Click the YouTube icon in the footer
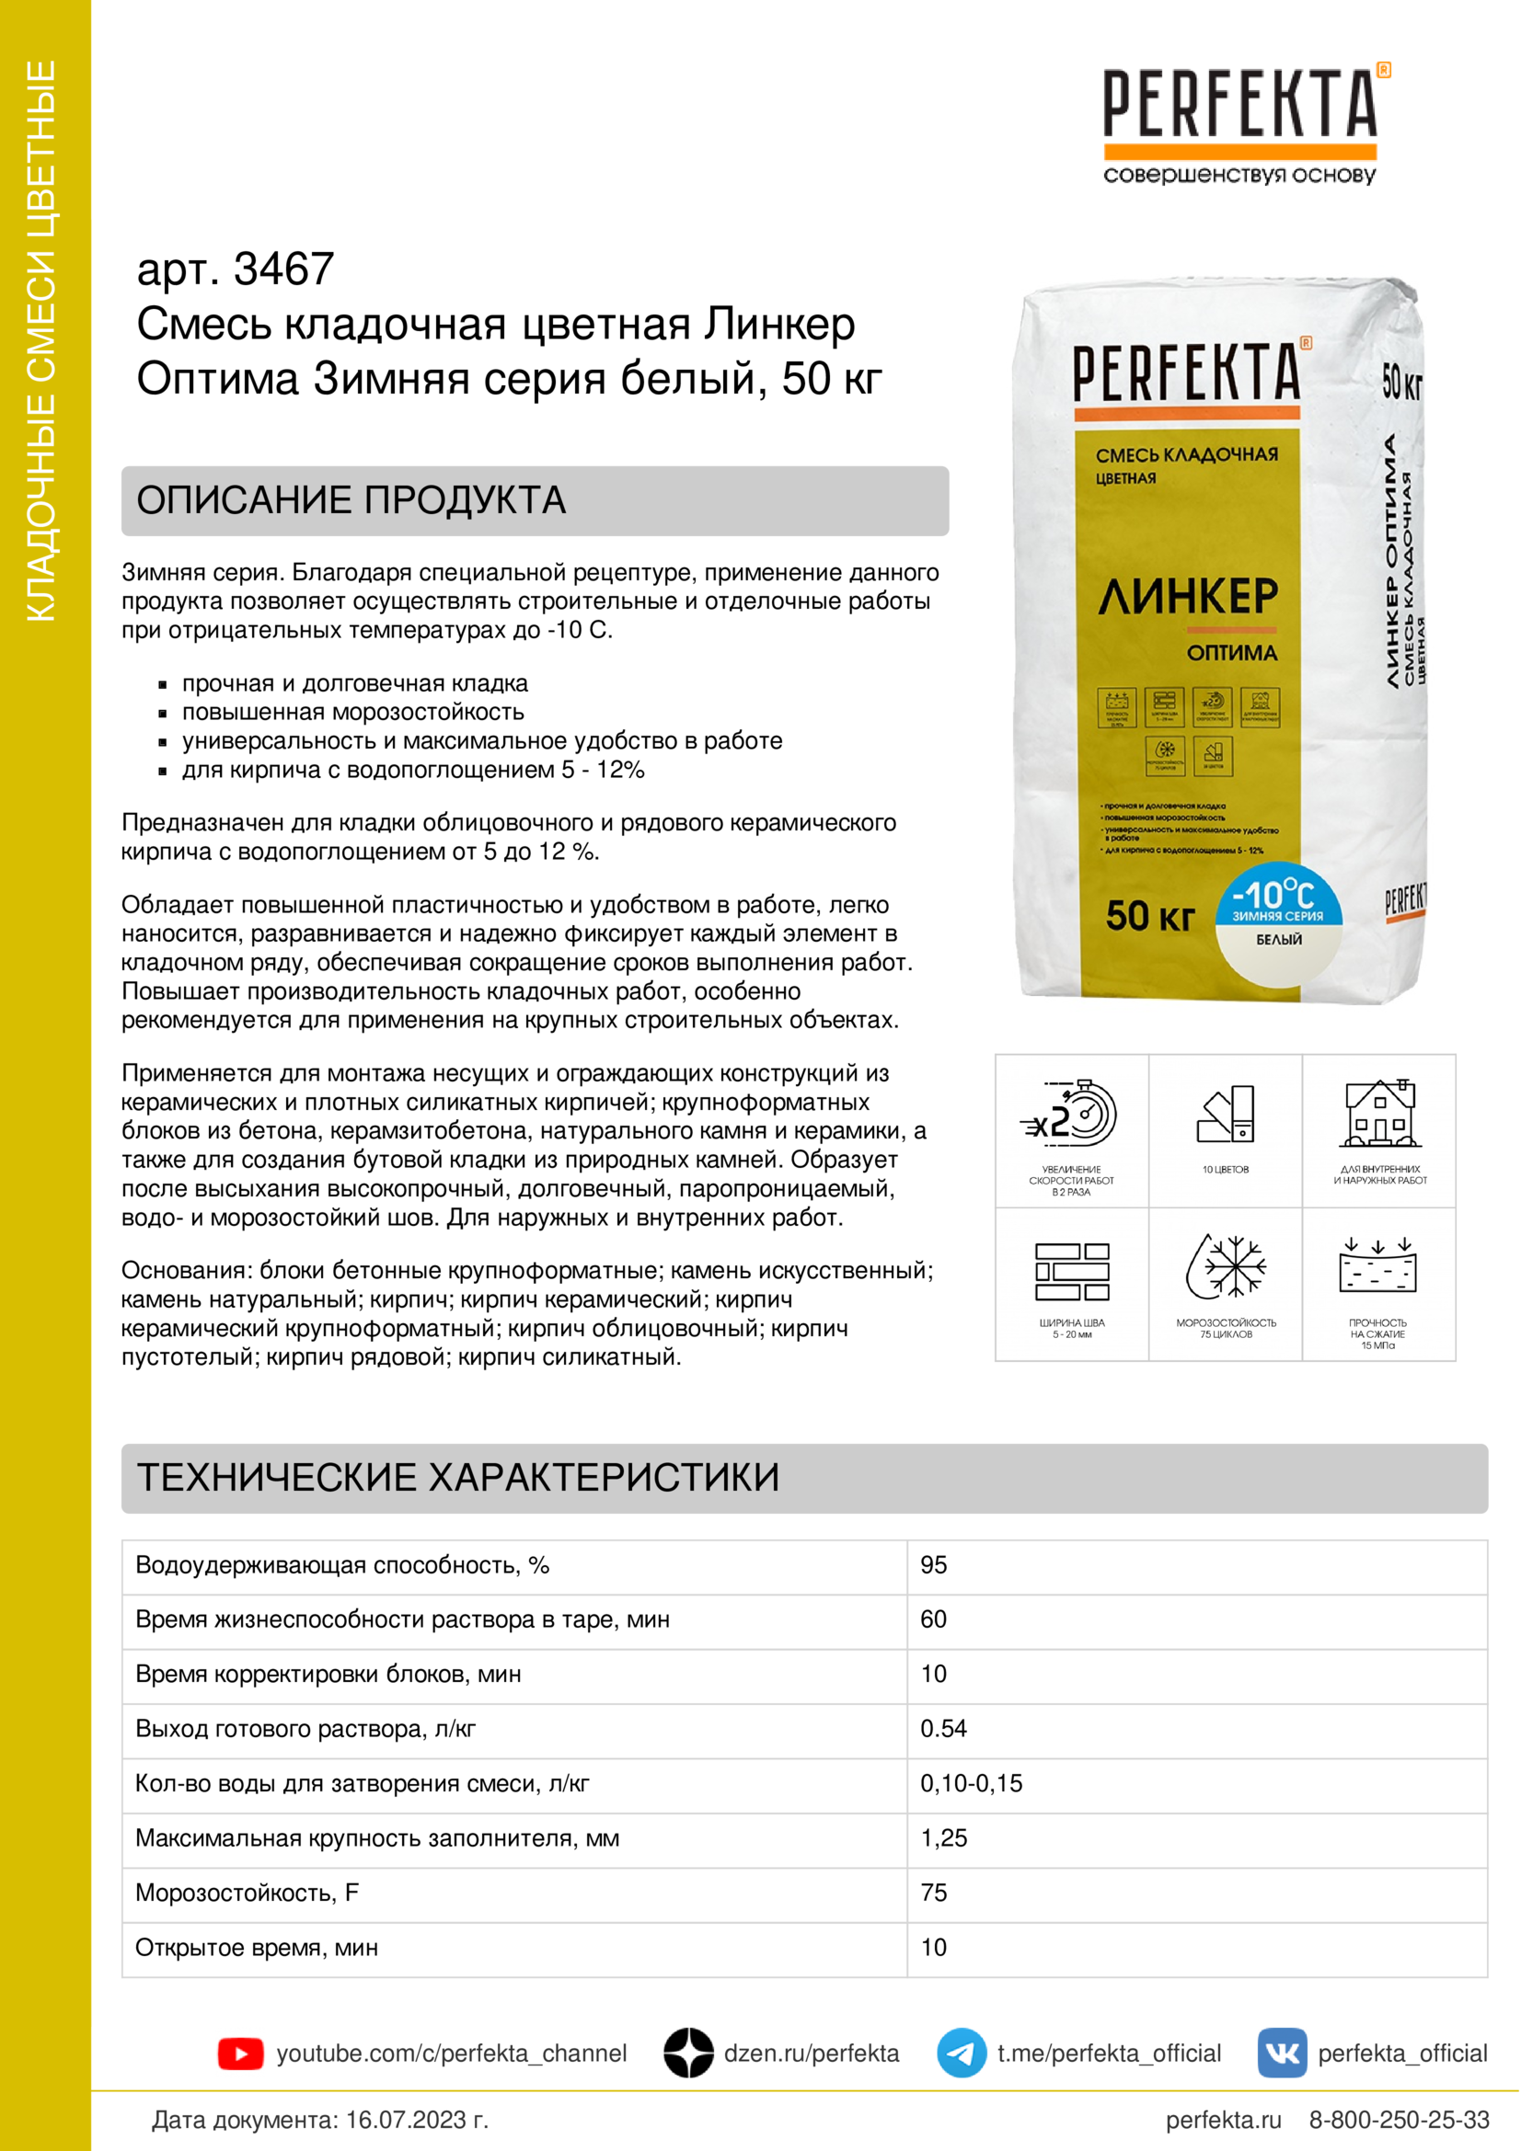click(x=240, y=2054)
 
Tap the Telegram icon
click(x=961, y=2053)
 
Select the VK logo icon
click(x=1281, y=2053)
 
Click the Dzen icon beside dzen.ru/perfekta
click(x=689, y=2053)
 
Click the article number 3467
click(x=283, y=269)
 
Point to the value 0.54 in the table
click(x=943, y=1729)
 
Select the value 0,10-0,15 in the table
click(x=971, y=1783)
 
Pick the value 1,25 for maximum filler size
click(x=943, y=1838)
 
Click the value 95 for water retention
click(x=933, y=1564)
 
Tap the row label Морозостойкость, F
click(x=248, y=1893)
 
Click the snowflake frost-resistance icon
click(x=1226, y=1266)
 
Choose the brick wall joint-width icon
click(x=1071, y=1271)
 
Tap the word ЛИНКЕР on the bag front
click(x=1187, y=597)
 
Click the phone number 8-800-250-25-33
click(x=1399, y=2120)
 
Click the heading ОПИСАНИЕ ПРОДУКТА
click(x=351, y=500)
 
